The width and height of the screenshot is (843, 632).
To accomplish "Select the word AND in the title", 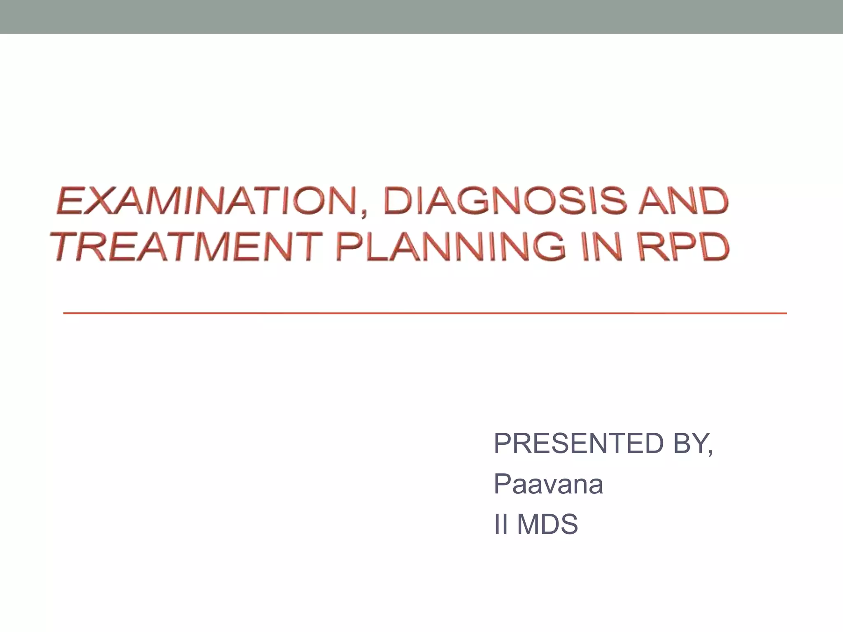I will point(683,201).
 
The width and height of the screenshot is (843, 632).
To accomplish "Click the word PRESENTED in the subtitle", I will point(579,444).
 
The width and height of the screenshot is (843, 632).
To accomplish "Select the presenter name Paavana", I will point(548,484).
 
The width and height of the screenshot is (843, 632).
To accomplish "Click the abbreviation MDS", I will point(547,524).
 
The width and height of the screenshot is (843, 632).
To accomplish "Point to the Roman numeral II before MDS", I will point(501,524).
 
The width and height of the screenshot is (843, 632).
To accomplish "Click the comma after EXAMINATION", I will point(364,213).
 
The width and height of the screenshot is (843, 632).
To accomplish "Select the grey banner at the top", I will point(421,16).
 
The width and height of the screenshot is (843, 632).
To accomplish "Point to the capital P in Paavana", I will point(503,484).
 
